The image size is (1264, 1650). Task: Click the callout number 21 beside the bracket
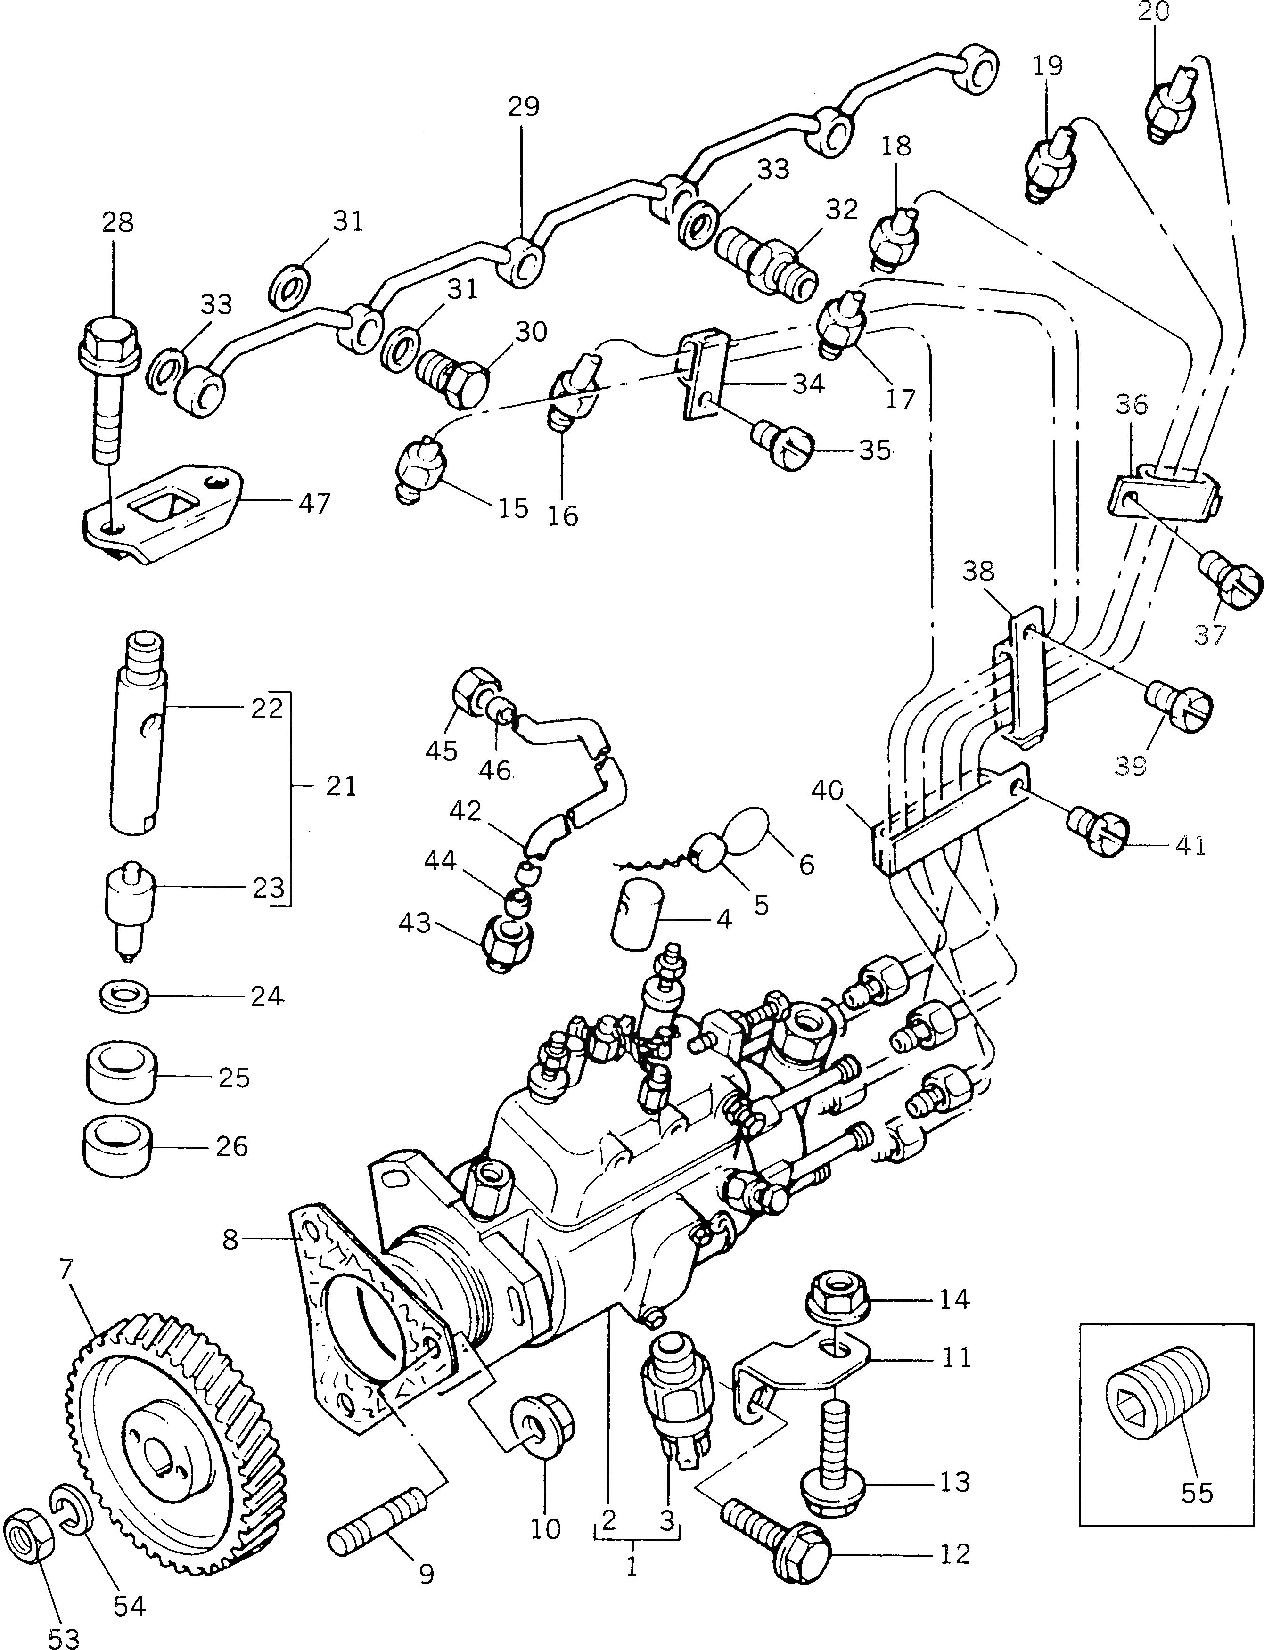pos(340,787)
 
